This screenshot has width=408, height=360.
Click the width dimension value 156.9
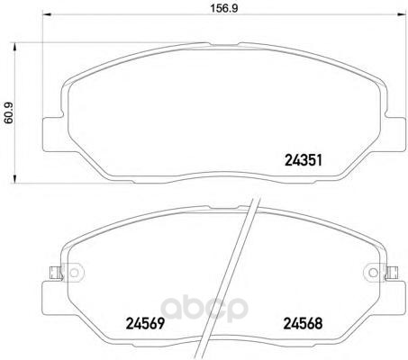coord(223,8)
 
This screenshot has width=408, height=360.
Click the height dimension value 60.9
coord(9,112)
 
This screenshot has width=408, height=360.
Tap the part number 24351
coord(304,160)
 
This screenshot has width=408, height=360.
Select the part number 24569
coord(145,324)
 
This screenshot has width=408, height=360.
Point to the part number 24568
coord(303,324)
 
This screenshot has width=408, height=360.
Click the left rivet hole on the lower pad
coord(74,273)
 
